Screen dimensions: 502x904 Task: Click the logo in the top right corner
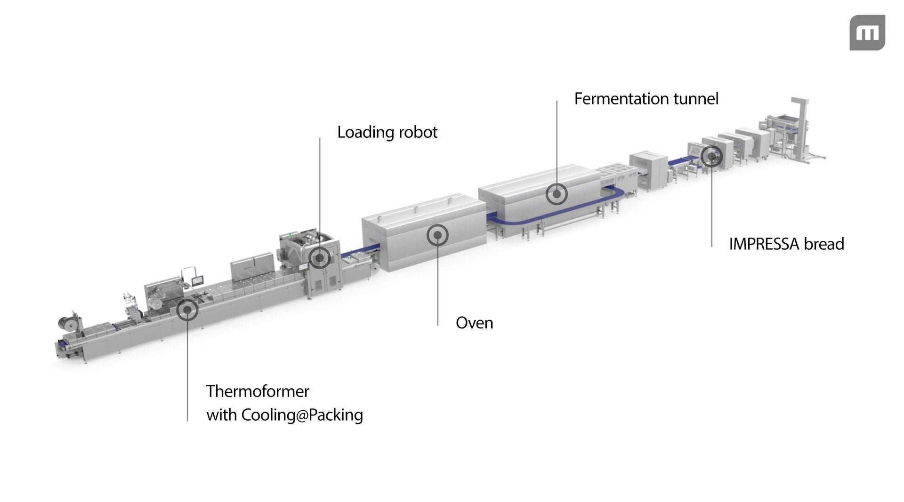[867, 32]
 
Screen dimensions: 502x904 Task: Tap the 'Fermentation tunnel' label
[646, 99]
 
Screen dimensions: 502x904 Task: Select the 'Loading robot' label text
[387, 132]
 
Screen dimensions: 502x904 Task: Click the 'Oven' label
[474, 323]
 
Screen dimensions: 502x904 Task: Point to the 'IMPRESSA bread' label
[786, 244]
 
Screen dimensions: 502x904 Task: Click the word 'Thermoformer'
[258, 391]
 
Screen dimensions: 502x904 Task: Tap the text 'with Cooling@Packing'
[284, 415]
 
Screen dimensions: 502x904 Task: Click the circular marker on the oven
[437, 235]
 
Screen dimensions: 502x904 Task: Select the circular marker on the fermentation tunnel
[557, 194]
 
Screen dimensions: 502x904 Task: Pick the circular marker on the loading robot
[320, 258]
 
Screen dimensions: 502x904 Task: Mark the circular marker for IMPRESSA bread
[711, 156]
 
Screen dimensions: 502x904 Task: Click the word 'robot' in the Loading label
[418, 132]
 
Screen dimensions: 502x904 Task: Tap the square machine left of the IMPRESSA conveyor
[649, 169]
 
